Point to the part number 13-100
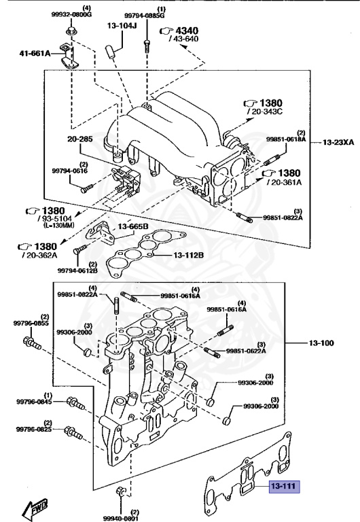323,343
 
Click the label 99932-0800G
71,14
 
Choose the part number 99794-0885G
143,14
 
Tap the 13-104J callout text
122,26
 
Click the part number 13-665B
133,226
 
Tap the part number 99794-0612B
77,271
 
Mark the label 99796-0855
31,324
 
